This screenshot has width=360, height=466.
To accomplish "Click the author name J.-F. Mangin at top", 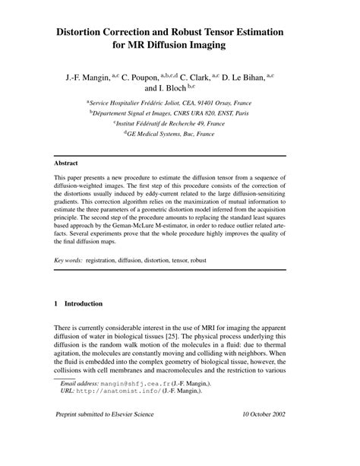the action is [85, 76].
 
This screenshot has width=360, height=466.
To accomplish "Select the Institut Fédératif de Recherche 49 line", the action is [180, 122].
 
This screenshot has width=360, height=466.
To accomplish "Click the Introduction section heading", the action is [83, 303].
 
